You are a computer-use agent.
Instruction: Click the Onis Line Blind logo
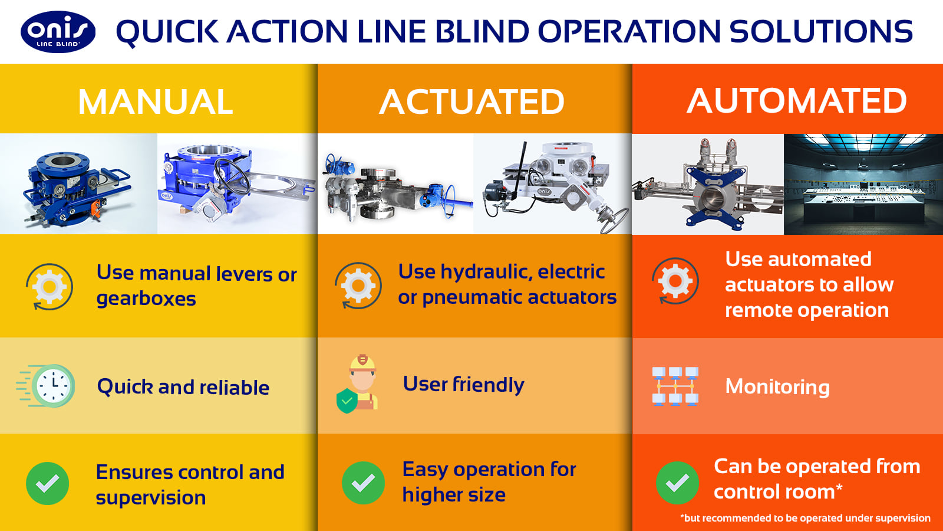click(x=58, y=32)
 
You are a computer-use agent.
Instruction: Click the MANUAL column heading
click(x=156, y=101)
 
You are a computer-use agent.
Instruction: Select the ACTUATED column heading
click(x=472, y=101)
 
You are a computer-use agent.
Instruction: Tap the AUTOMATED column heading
click(x=797, y=101)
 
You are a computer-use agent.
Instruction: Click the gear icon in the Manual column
click(x=50, y=287)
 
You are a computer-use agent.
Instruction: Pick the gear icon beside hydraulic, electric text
click(x=358, y=286)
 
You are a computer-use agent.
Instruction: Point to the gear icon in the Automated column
click(x=675, y=281)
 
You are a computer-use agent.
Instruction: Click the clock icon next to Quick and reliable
click(x=47, y=386)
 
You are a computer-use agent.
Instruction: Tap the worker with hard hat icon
click(x=357, y=384)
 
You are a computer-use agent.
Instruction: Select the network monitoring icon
click(x=675, y=386)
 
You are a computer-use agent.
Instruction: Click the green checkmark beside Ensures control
click(x=48, y=483)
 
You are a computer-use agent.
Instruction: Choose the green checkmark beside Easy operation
click(x=363, y=483)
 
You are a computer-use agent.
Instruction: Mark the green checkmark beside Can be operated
click(x=677, y=483)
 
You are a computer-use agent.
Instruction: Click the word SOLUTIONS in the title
click(x=821, y=31)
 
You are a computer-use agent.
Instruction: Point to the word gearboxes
click(x=146, y=299)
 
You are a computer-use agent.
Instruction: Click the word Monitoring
click(x=777, y=387)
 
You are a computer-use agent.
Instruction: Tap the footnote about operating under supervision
click(x=805, y=518)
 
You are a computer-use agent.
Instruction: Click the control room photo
click(x=863, y=184)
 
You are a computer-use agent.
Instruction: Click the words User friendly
click(x=463, y=384)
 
